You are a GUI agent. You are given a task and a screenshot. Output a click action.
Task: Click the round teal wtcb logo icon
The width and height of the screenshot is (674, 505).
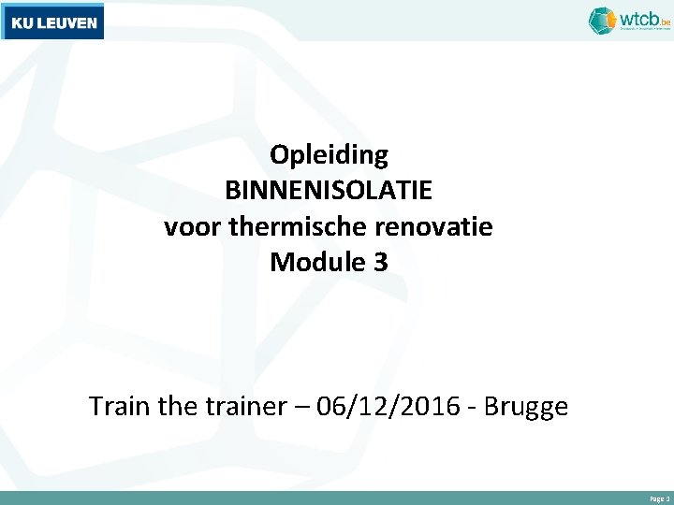tap(602, 20)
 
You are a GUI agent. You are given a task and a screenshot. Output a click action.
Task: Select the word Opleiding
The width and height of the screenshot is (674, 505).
tap(329, 154)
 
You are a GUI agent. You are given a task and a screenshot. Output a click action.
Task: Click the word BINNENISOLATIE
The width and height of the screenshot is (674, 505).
tap(329, 191)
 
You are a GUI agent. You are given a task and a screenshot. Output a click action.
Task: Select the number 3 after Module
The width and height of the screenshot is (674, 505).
tap(379, 263)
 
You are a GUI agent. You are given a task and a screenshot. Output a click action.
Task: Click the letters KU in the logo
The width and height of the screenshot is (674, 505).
tap(22, 22)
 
